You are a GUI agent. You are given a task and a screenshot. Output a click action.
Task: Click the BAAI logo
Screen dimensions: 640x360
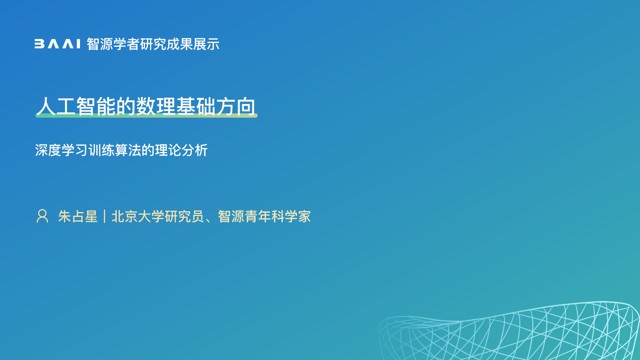57,44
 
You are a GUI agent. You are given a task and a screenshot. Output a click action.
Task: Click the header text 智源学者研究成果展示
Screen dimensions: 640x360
153,44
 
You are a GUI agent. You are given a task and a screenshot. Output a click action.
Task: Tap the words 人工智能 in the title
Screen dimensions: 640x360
76,106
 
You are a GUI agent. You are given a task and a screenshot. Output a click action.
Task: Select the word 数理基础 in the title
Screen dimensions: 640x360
176,106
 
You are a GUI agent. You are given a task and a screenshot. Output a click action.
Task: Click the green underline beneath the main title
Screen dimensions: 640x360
146,115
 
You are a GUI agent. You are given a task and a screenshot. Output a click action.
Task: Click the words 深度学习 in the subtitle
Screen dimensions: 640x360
61,150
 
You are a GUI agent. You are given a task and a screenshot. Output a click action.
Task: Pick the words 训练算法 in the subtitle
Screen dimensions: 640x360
115,150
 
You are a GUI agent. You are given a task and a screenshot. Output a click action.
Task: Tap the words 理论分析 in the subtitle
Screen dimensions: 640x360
181,150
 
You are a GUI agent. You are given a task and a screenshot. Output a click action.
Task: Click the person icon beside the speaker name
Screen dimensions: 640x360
42,216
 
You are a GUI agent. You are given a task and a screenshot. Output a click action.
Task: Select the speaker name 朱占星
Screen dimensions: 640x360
78,216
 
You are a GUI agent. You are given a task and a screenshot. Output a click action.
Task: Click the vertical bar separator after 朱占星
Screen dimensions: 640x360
105,216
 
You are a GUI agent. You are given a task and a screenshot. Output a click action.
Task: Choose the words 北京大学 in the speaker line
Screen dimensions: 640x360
138,216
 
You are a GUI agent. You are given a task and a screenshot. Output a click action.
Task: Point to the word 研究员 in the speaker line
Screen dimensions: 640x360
184,216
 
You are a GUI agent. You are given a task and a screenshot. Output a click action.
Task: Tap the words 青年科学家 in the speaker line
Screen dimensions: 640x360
278,216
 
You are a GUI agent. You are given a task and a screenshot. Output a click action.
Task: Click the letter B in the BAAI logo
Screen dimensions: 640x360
39,44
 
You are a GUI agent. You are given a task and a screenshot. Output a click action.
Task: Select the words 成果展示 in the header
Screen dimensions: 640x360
193,44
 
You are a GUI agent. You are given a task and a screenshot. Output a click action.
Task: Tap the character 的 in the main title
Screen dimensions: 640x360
126,106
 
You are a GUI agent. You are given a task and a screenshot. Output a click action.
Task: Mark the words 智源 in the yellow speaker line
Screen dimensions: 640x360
231,216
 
